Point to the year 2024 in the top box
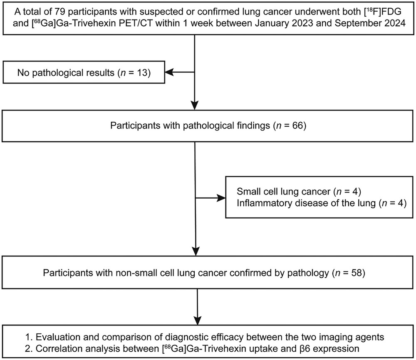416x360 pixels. pyautogui.click(x=395, y=23)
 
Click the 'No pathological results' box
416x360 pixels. pyautogui.click(x=84, y=72)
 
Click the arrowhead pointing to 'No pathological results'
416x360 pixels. pyautogui.click(x=169, y=72)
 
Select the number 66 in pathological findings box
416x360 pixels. pyautogui.click(x=297, y=125)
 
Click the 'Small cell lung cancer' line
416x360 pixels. pyautogui.click(x=299, y=191)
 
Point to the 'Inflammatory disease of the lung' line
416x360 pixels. pyautogui.click(x=322, y=203)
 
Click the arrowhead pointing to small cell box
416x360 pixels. pyautogui.click(x=222, y=198)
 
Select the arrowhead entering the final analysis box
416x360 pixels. pyautogui.click(x=198, y=320)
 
